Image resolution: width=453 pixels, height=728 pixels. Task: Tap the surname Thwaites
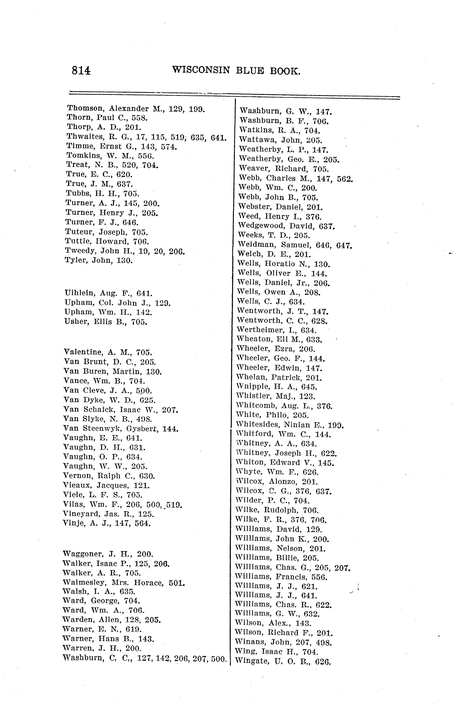(85, 137)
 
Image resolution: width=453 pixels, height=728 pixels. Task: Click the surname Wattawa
(258, 140)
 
